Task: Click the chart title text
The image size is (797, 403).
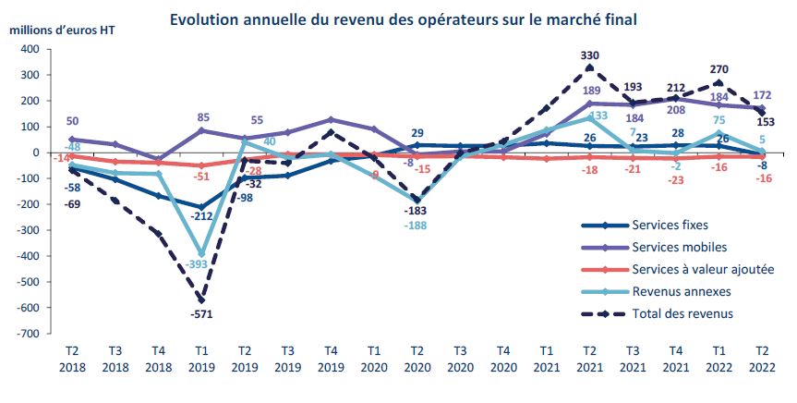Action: point(404,18)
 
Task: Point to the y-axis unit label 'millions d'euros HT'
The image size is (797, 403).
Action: point(62,30)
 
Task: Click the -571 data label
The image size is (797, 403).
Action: point(201,316)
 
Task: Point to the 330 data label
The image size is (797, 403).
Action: point(589,55)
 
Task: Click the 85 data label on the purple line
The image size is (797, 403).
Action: point(201,117)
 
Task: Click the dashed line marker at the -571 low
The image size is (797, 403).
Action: point(201,300)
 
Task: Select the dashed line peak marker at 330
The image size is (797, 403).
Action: point(589,67)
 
